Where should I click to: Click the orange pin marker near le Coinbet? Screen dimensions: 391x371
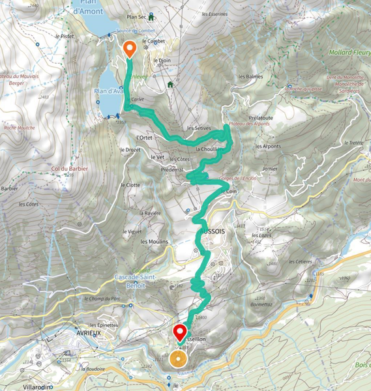[129, 48]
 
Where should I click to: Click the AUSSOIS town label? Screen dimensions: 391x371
[211, 230]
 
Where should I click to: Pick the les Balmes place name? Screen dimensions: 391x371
[251, 77]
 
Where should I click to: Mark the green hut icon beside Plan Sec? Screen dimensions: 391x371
[152, 18]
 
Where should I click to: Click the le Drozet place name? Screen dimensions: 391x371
[130, 149]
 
